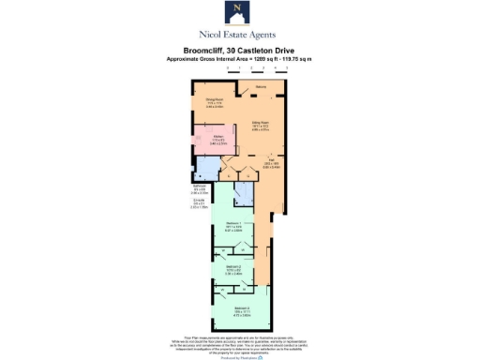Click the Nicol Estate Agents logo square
[239, 13]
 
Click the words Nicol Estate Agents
[239, 34]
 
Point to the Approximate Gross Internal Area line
[239, 59]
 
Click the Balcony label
[260, 88]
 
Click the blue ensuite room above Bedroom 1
[243, 193]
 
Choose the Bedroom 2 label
[233, 271]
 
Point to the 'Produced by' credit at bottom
[239, 353]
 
